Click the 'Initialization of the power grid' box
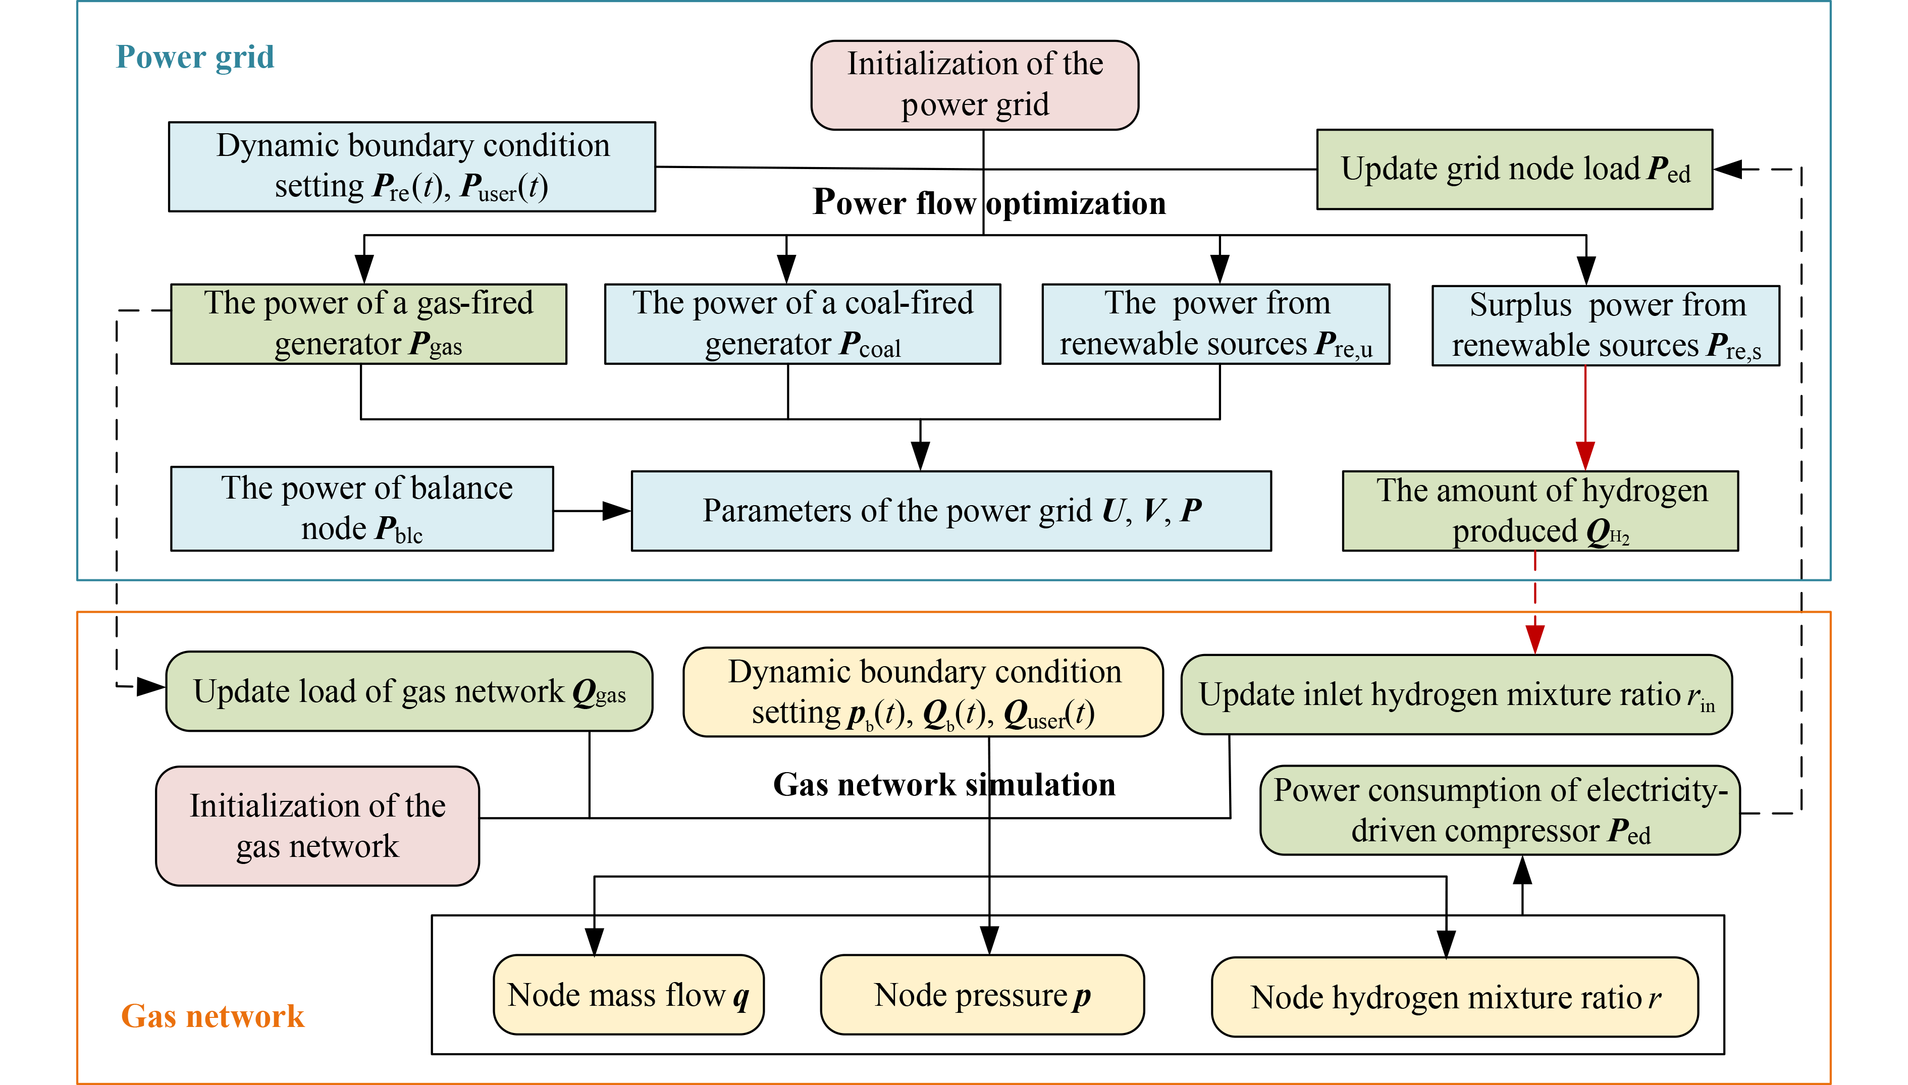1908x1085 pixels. click(x=974, y=85)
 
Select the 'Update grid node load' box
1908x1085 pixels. click(x=1514, y=169)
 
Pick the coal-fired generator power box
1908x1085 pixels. click(x=802, y=324)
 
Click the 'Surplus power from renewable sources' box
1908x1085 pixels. click(x=1606, y=325)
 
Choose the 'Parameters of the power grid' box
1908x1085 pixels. click(x=951, y=511)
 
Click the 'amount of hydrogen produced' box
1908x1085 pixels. click(x=1540, y=511)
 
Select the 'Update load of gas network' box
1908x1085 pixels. click(x=409, y=691)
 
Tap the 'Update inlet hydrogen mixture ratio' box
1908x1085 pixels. click(x=1456, y=694)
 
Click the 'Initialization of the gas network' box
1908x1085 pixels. click(x=317, y=826)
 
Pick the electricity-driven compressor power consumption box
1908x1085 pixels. click(x=1500, y=810)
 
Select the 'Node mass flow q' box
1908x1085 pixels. click(x=628, y=995)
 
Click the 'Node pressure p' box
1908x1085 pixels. click(x=982, y=995)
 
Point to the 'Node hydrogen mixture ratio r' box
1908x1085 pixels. click(x=1455, y=997)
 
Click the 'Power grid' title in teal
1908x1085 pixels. click(x=195, y=58)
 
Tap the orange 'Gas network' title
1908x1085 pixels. click(x=213, y=1016)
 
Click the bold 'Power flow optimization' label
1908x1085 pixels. click(x=989, y=203)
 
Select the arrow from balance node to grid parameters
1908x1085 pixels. click(x=593, y=511)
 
